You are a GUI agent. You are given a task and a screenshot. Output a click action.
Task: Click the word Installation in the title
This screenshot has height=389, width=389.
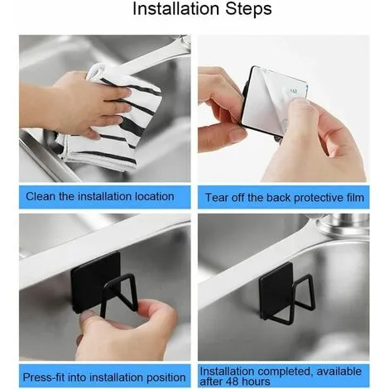coord(176,9)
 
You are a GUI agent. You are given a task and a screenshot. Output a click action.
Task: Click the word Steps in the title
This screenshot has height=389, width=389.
coord(248,10)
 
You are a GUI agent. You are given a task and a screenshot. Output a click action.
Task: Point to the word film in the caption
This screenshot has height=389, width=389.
coord(355,198)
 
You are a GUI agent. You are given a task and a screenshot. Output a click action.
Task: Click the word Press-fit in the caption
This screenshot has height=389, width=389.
coord(44,377)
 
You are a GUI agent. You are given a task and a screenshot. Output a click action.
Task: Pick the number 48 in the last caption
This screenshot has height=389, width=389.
coord(226,382)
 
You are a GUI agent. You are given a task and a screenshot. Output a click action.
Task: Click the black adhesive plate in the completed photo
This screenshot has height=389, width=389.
coord(276,290)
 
